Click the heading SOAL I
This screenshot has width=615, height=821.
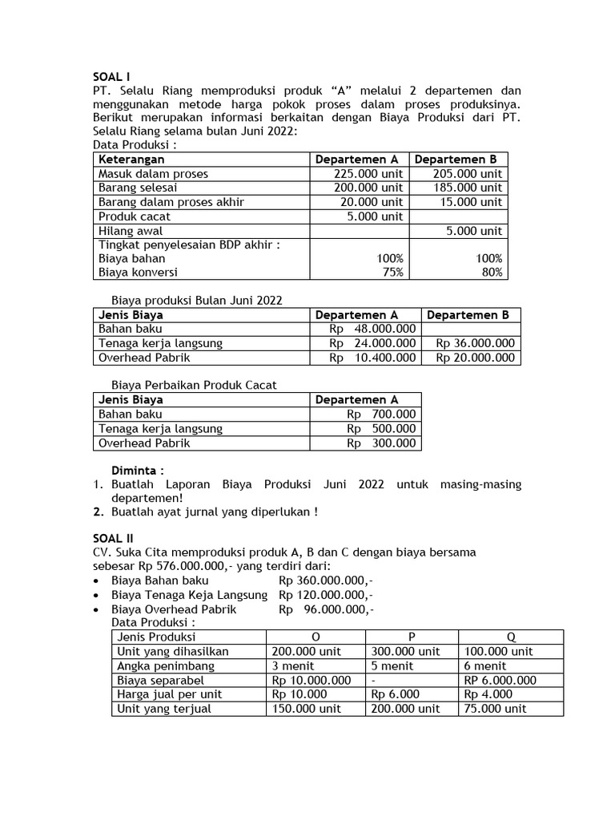click(111, 77)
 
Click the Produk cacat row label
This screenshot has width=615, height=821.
click(135, 216)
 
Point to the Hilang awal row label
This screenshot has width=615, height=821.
click(131, 231)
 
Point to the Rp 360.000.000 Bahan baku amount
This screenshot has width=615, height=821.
click(325, 580)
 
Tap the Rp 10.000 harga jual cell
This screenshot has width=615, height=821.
click(299, 694)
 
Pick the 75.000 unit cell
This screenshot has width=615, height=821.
click(495, 709)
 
